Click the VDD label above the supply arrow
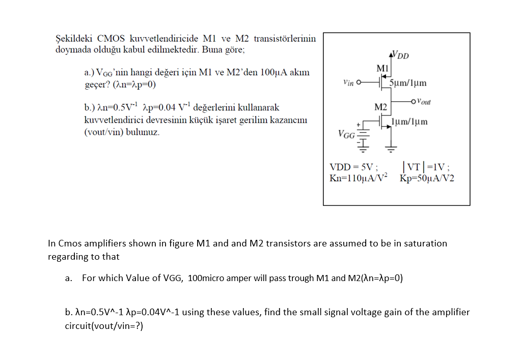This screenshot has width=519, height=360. coord(401,55)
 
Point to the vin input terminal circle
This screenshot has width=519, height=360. coord(360,82)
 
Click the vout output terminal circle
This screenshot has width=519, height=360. coord(413,101)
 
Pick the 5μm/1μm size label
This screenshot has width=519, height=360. coord(407,83)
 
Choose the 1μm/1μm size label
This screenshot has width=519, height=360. coord(409,122)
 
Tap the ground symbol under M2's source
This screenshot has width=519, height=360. coord(391,149)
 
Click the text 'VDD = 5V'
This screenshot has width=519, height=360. coord(353,167)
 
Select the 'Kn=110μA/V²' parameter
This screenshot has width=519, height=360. coord(359,178)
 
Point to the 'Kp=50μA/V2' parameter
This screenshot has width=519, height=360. coord(427,178)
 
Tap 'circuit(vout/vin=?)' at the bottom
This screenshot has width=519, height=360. coord(104,325)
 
